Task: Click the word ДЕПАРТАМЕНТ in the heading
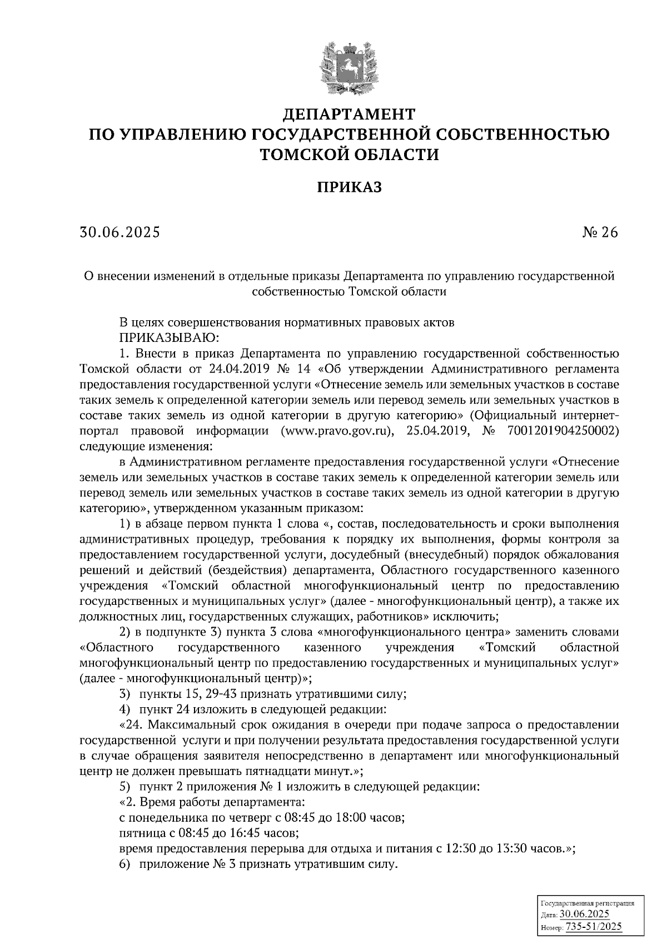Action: click(349, 115)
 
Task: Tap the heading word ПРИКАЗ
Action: click(349, 187)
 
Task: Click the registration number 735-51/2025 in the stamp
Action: click(594, 927)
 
